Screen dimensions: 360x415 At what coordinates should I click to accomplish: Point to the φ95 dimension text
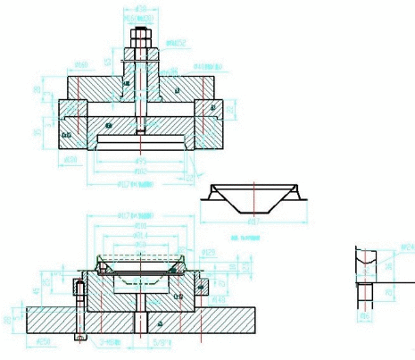click(x=141, y=161)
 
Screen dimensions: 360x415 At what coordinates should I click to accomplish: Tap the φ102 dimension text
click(x=141, y=170)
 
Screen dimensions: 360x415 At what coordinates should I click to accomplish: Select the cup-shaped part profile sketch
click(x=253, y=197)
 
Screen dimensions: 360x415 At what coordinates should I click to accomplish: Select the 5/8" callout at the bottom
click(x=161, y=340)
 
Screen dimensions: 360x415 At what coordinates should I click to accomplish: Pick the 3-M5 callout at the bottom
click(x=111, y=340)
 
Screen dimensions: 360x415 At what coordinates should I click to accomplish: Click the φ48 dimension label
click(x=217, y=297)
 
